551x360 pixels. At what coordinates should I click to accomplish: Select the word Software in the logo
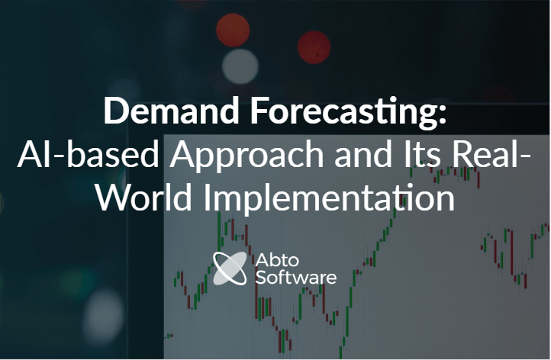click(x=295, y=276)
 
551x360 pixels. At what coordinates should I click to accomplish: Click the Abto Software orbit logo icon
click(x=230, y=268)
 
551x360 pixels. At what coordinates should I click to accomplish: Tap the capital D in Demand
click(x=115, y=111)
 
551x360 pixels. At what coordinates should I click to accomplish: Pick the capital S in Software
click(x=260, y=276)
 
